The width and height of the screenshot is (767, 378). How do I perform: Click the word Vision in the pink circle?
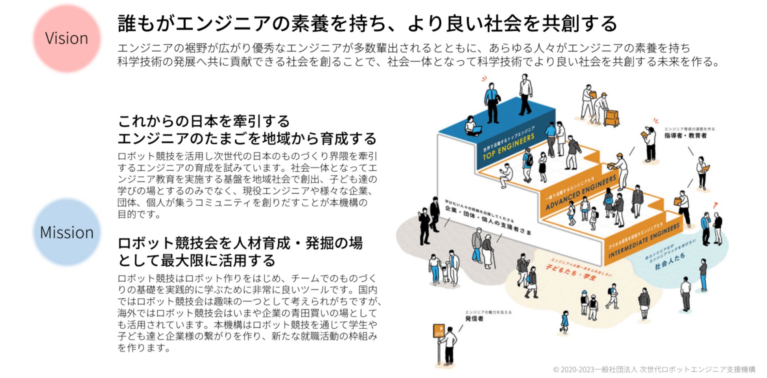coord(66,39)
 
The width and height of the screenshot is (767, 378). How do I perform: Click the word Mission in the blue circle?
coord(66,232)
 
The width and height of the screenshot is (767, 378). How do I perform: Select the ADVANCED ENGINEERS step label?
coord(581,193)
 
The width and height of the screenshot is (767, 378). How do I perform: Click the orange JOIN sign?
coord(439,331)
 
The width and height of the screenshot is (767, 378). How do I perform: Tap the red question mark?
coord(715,205)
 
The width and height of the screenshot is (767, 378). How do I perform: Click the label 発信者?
coord(474,319)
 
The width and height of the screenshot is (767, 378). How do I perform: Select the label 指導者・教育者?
coord(685,136)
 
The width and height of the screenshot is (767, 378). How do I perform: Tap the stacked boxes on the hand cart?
coord(612,117)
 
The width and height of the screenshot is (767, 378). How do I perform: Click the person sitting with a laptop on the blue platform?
coord(471,126)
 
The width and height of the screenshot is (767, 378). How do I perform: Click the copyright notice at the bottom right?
coord(654,369)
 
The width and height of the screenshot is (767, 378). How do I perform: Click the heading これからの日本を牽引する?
coord(204,121)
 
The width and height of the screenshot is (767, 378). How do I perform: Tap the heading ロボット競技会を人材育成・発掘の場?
coord(240,243)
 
